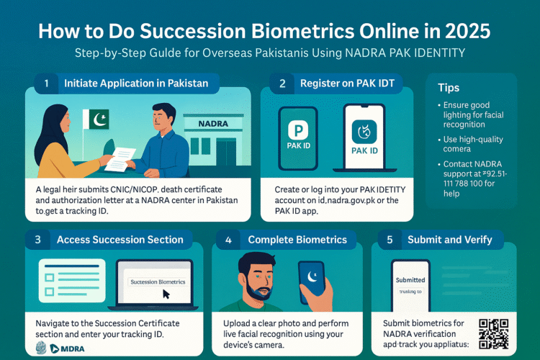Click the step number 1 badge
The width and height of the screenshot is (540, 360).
tap(47, 84)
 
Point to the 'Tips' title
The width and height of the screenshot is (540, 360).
tap(449, 87)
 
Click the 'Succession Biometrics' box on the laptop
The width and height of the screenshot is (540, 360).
tap(158, 282)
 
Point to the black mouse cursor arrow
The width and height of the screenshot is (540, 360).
tap(166, 294)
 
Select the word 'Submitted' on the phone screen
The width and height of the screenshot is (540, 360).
tap(411, 280)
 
